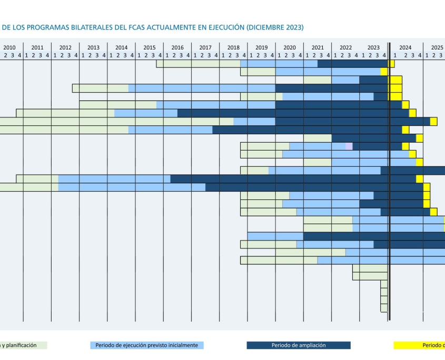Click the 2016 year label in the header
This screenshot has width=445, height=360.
pos(177,47)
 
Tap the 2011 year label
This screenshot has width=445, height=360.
pos(37,47)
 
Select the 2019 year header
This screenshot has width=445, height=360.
pos(262,47)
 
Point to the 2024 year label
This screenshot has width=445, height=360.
pos(405,47)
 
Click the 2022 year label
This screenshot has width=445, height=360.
pos(345,47)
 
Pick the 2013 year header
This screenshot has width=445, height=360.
pos(93,47)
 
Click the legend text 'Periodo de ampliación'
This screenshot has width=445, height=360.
pos(299,345)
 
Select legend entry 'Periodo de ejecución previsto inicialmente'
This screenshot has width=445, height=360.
pos(147,345)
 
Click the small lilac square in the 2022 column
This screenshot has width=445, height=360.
pos(349,146)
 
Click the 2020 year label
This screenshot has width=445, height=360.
pos(290,47)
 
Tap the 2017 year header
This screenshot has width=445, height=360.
pos(205,47)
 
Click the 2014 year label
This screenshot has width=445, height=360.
pos(121,47)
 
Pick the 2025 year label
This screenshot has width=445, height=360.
pos(437,47)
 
